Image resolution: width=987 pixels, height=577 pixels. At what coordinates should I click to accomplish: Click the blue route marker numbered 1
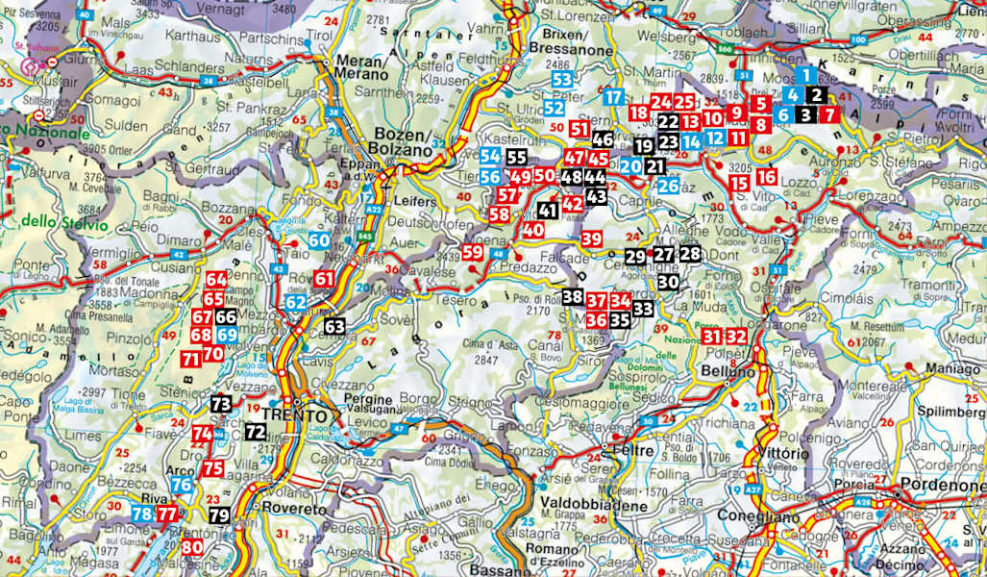click(806, 75)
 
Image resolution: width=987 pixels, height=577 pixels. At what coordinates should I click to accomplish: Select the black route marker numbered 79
click(219, 514)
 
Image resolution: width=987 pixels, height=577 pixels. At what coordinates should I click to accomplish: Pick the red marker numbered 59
click(472, 253)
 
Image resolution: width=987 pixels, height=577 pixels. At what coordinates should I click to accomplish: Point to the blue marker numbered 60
click(319, 240)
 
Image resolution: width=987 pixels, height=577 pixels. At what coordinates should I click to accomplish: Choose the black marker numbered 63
click(333, 327)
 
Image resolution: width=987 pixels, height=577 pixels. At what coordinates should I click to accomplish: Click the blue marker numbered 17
click(614, 96)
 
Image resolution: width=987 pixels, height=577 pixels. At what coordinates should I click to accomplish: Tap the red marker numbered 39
click(592, 238)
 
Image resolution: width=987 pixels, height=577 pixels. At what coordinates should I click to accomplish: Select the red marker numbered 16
click(766, 177)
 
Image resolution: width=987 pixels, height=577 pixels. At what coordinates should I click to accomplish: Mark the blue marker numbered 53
click(562, 80)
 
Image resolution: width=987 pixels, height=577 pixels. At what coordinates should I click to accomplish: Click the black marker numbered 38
click(572, 297)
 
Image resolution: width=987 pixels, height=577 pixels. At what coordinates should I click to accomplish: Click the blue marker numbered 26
click(669, 185)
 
